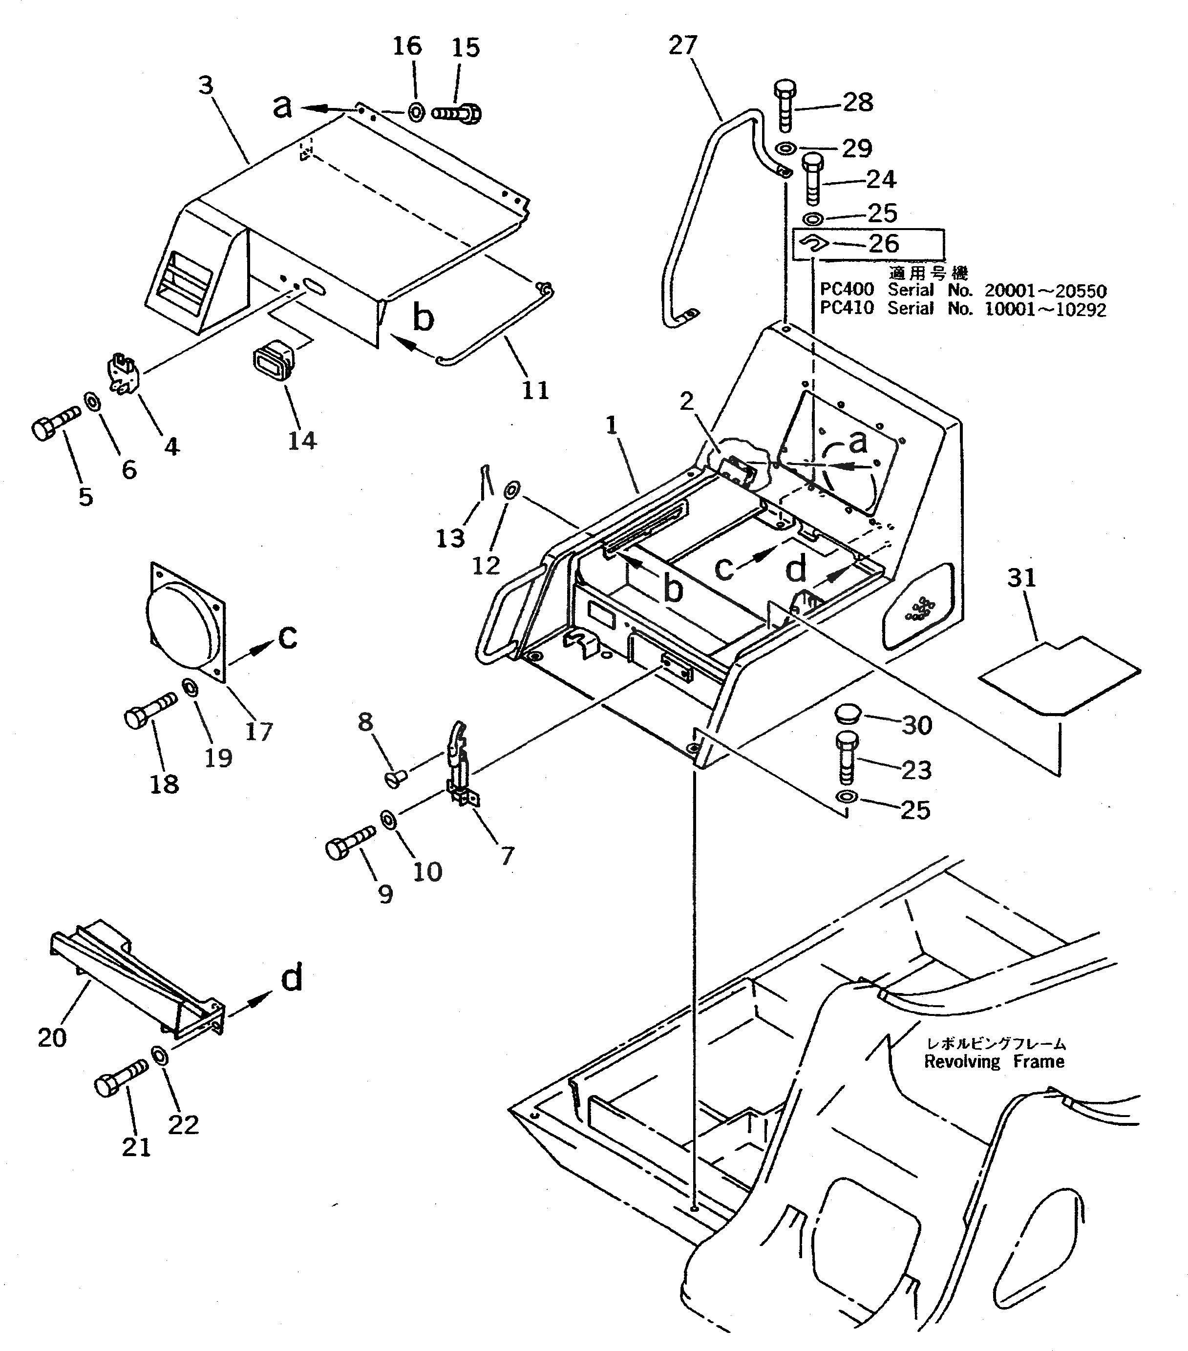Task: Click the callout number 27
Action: (682, 45)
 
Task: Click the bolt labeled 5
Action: (54, 422)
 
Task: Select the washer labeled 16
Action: (417, 112)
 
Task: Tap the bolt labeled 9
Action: (350, 840)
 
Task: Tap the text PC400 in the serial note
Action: (847, 290)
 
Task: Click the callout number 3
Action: (206, 85)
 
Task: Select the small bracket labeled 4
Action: (124, 376)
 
